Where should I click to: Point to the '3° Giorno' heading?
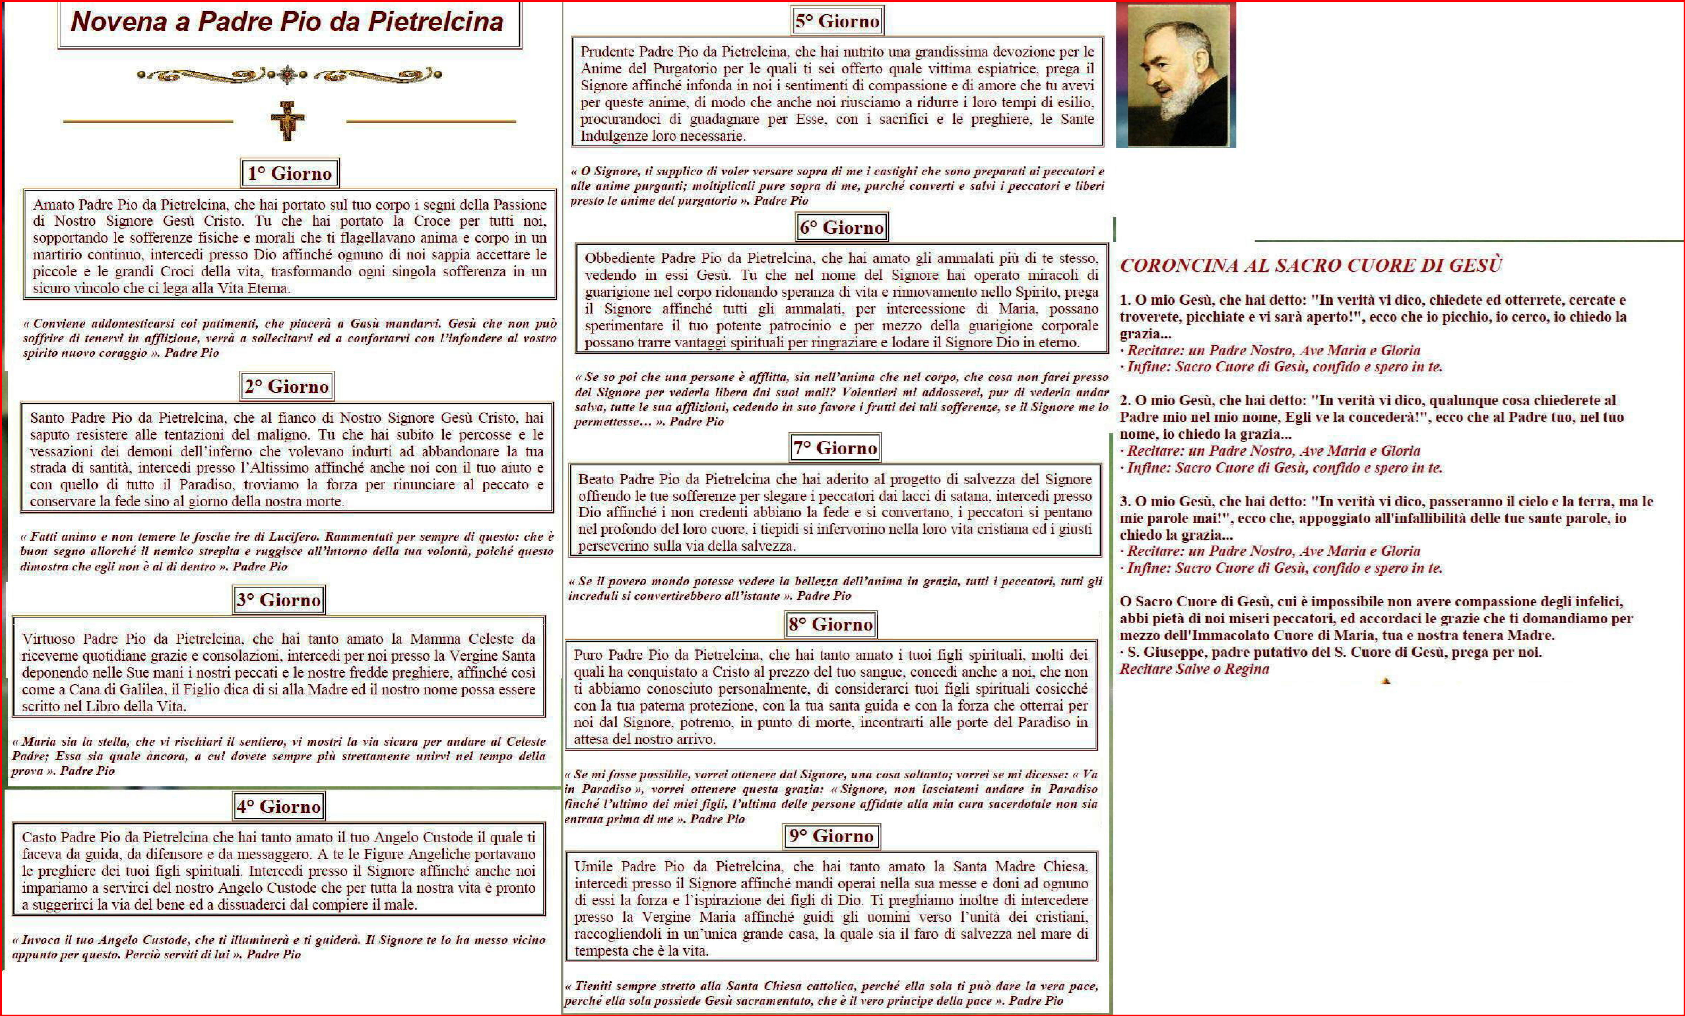[278, 600]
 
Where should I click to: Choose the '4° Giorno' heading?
[278, 807]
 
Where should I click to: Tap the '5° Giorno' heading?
[837, 21]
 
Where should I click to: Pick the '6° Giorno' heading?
[842, 228]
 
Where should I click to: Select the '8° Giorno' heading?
[830, 624]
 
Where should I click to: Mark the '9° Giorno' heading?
[831, 836]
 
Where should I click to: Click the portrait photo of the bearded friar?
[1176, 75]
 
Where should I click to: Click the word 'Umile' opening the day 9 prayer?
[594, 867]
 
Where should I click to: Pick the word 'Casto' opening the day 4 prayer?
[40, 838]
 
